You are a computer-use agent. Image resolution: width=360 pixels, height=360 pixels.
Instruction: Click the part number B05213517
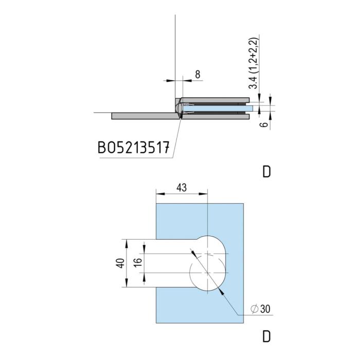click(x=134, y=148)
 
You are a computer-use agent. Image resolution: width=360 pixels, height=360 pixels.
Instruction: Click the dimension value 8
click(x=197, y=75)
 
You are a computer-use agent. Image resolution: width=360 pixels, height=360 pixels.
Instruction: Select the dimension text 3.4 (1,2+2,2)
click(x=254, y=63)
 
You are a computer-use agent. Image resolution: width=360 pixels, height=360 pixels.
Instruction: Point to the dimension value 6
click(x=265, y=124)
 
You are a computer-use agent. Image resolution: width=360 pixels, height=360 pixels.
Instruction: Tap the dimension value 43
click(x=182, y=188)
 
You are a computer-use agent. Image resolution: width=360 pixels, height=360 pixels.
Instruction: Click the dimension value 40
click(x=120, y=263)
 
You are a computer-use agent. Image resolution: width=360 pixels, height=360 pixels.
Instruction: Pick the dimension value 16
click(x=138, y=263)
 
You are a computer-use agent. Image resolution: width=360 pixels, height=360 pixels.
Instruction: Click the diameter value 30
click(x=265, y=309)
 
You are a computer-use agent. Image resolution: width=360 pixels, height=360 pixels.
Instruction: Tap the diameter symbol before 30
click(x=255, y=309)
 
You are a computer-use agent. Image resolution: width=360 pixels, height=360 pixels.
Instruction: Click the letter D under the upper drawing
click(x=266, y=171)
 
